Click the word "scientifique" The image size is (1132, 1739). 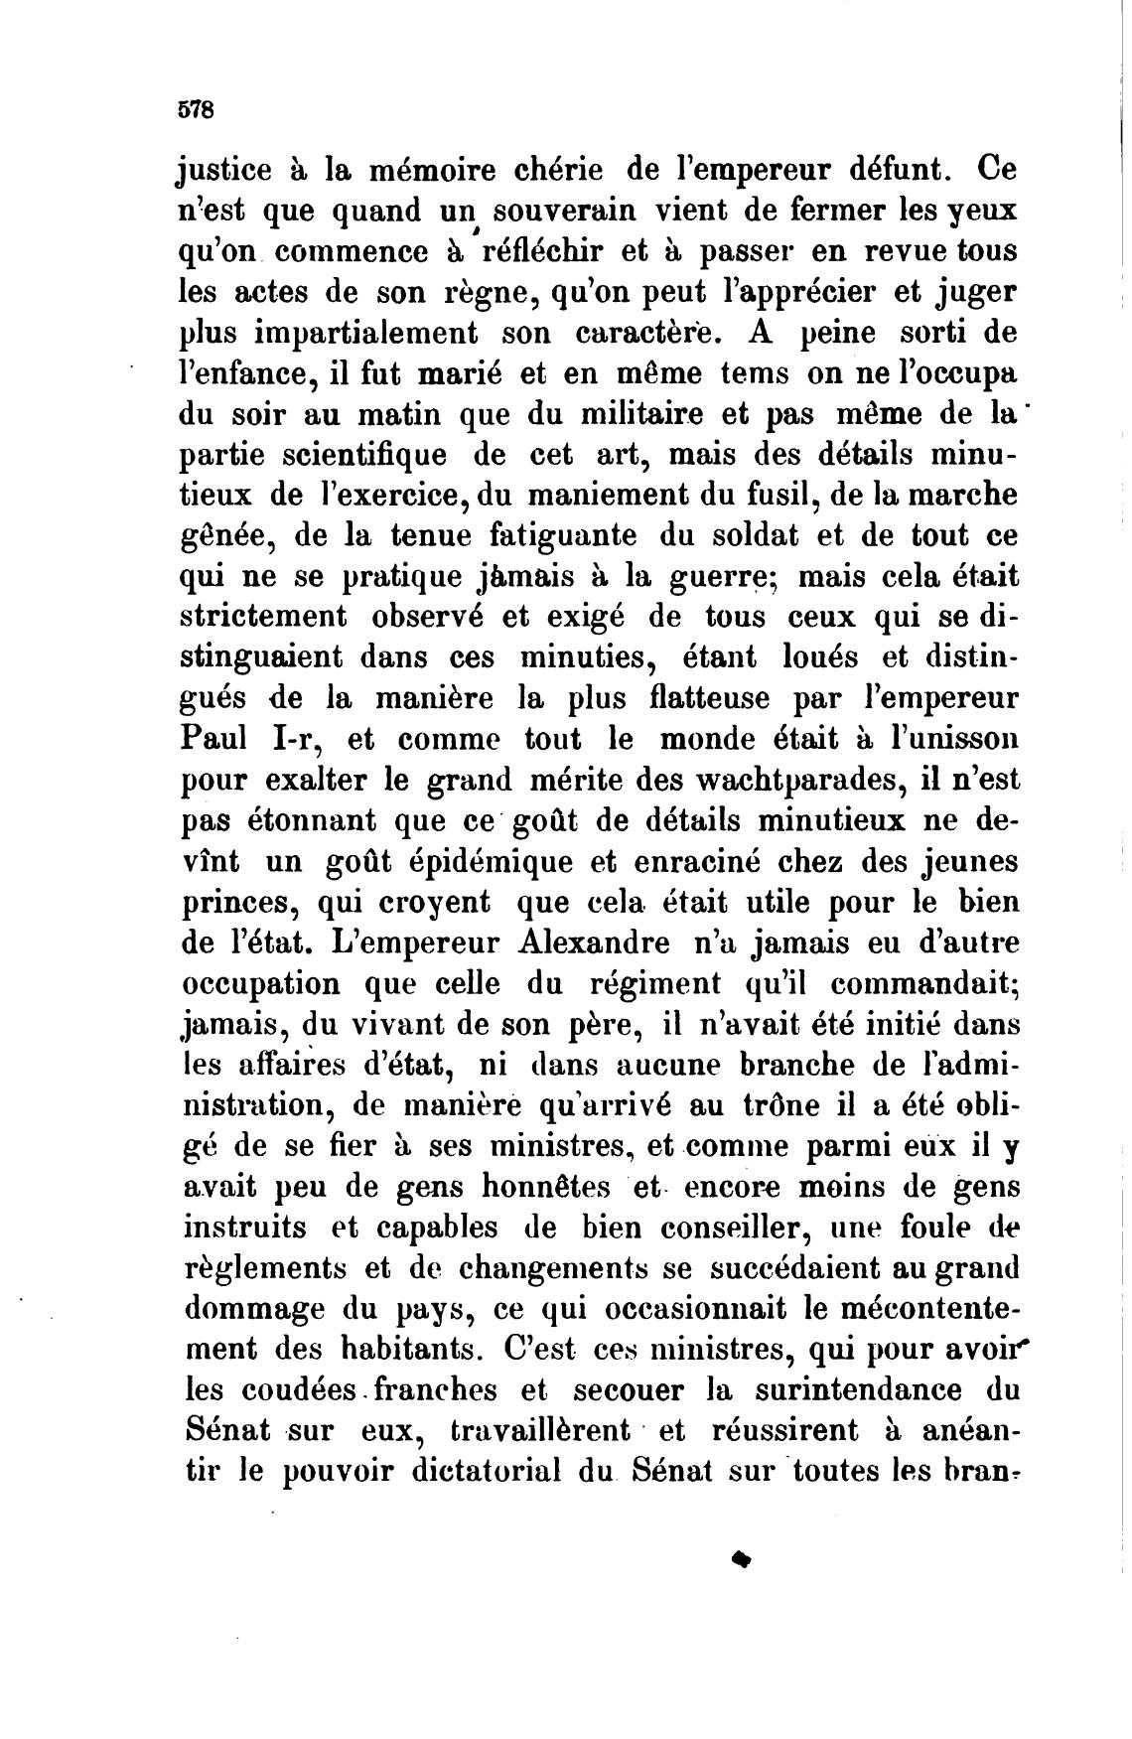[362, 455]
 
